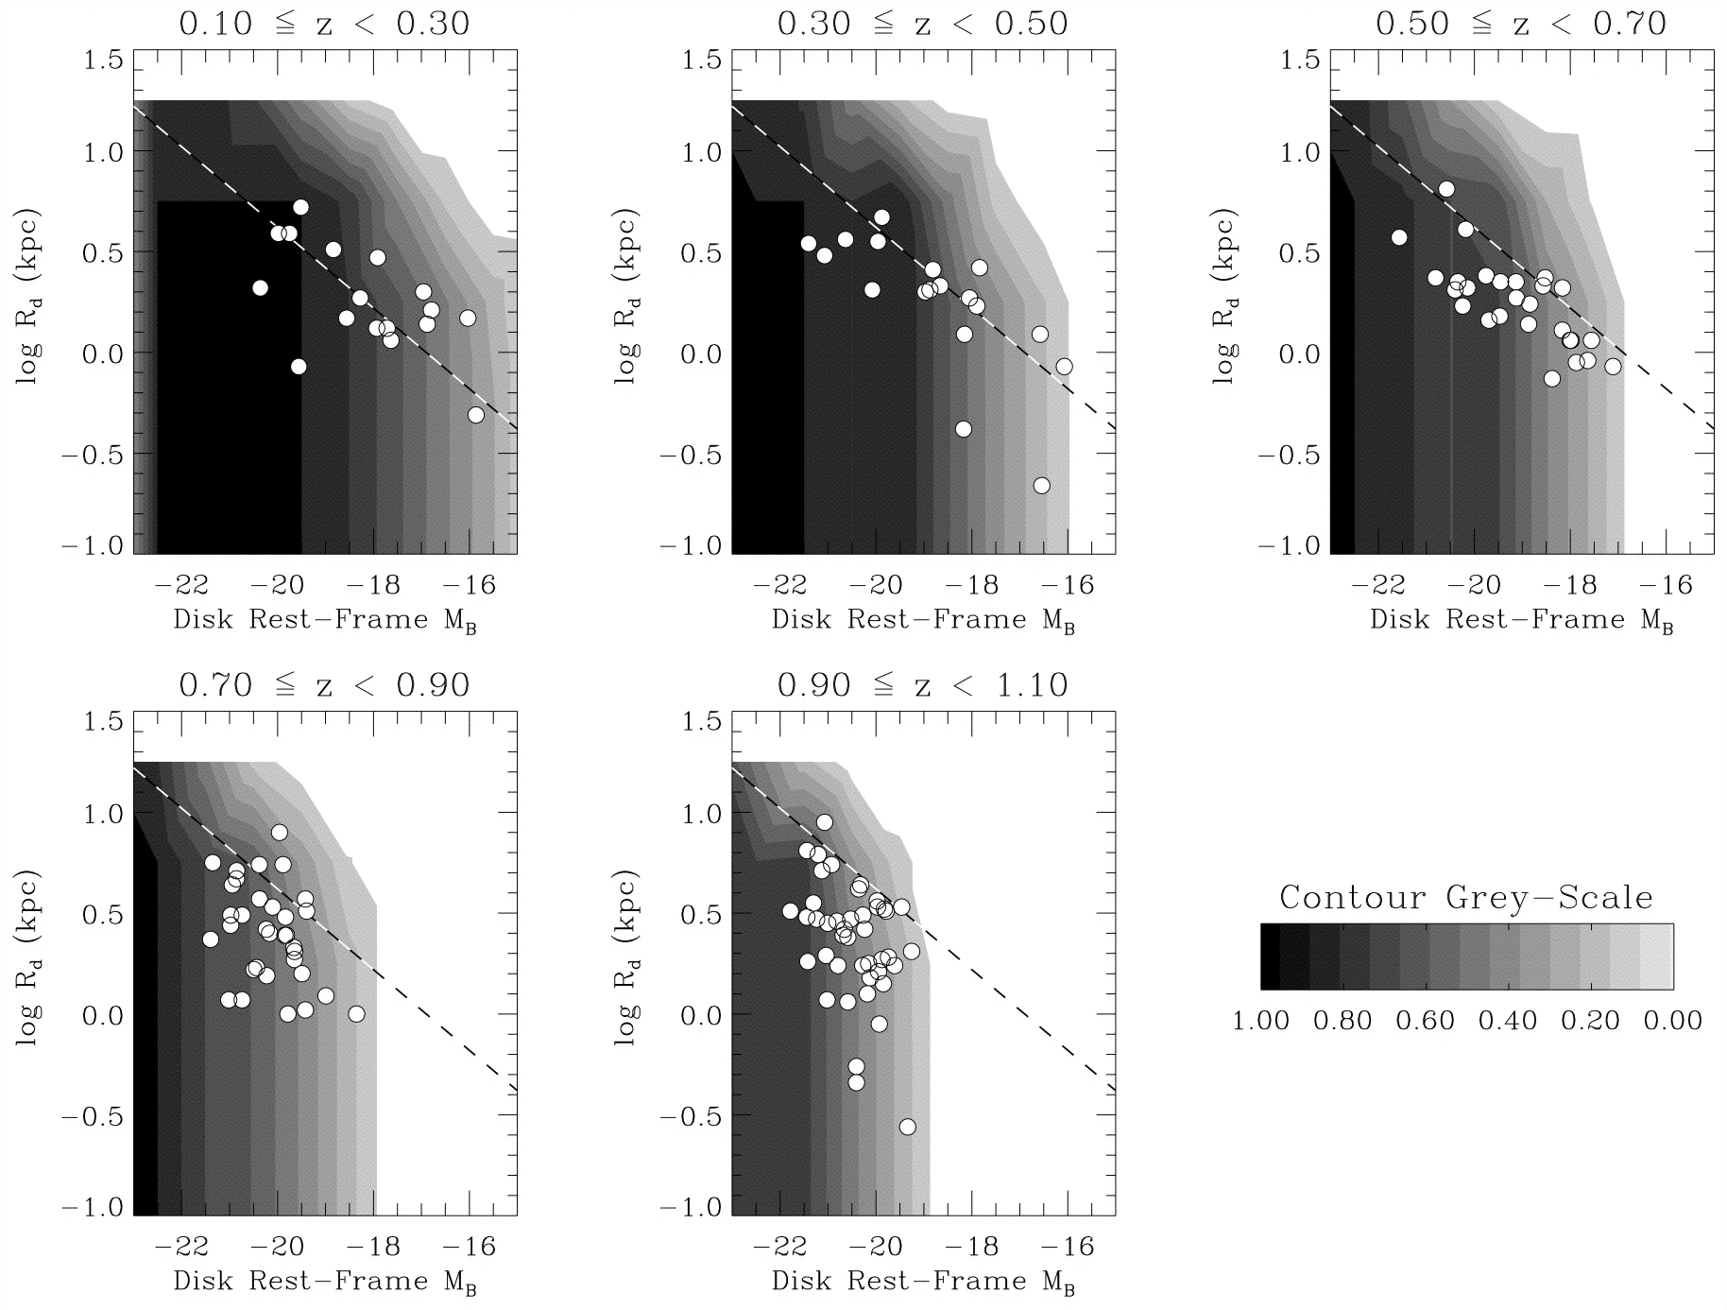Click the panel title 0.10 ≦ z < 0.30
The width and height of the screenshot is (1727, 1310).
point(324,24)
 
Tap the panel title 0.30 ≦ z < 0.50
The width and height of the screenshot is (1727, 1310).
point(922,24)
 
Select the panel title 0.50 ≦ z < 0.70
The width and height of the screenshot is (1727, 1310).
point(1520,24)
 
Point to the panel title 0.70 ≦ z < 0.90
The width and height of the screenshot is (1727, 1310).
point(324,684)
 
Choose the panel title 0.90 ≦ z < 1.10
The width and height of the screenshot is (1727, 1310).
point(922,684)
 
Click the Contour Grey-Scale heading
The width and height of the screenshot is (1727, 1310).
point(1466,897)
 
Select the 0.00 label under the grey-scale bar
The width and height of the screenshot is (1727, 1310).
point(1671,1021)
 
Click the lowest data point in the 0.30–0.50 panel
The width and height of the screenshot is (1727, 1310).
point(1041,485)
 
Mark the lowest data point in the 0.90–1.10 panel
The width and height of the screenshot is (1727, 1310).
point(907,1127)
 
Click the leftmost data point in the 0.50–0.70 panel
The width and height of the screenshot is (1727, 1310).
point(1399,237)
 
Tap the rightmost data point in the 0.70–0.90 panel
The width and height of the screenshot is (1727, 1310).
point(356,1014)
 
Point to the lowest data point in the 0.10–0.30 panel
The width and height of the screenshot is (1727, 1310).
point(476,415)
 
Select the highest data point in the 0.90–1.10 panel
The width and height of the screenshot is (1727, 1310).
point(824,822)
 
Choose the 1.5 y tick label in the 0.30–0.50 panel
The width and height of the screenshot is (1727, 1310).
point(702,60)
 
